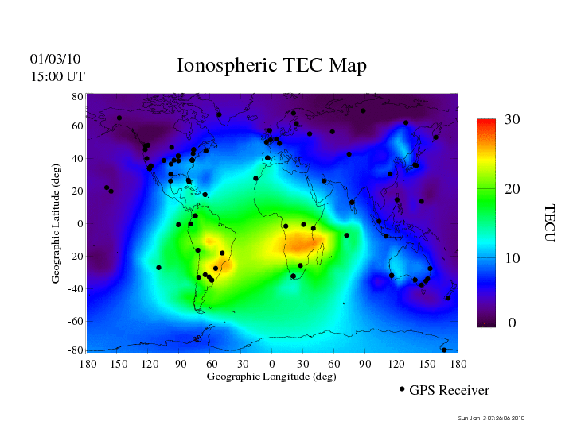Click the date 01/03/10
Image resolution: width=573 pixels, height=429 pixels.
[x=56, y=59]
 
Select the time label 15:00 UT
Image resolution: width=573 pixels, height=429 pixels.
[x=57, y=76]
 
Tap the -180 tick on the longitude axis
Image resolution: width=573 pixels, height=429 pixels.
[x=85, y=363]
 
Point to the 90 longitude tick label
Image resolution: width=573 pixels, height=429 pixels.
[x=365, y=363]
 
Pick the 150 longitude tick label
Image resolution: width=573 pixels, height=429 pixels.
[x=427, y=363]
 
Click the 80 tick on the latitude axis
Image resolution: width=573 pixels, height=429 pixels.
[x=78, y=95]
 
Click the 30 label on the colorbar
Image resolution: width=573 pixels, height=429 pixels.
[x=512, y=119]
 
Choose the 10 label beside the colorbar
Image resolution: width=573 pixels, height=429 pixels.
[x=512, y=259]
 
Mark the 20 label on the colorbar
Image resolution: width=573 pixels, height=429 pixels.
[x=512, y=191]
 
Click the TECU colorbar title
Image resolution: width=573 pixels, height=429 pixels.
[x=548, y=223]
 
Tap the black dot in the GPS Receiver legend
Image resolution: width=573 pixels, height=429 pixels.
[x=402, y=389]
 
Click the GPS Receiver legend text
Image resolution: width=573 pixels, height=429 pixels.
[x=449, y=390]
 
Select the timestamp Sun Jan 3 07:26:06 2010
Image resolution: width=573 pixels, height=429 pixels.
[x=492, y=419]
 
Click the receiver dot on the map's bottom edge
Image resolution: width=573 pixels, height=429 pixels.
[x=444, y=350]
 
